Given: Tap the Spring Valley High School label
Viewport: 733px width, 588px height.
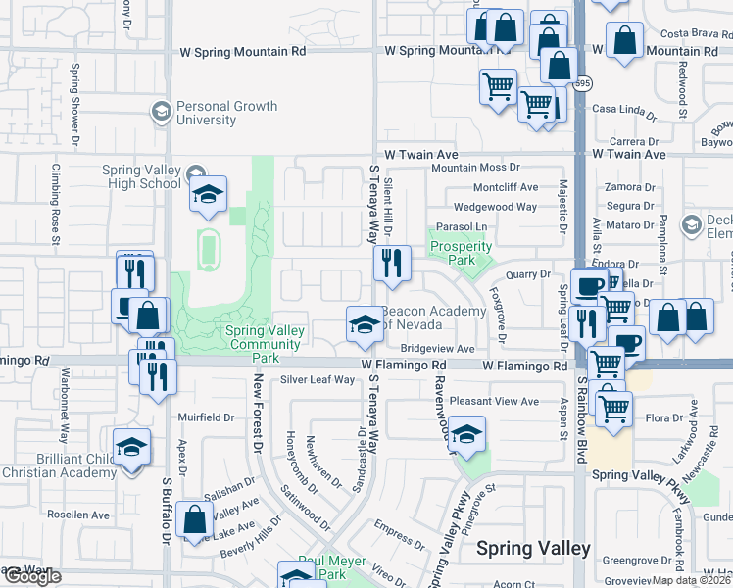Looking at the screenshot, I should (142, 176).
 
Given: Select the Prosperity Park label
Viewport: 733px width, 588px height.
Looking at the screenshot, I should (461, 253).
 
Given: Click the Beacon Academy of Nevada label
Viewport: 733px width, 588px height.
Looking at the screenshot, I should (434, 318).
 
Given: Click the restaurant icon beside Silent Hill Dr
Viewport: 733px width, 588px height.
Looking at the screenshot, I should (391, 263).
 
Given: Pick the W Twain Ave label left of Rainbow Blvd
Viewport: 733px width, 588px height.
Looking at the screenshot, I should (421, 155).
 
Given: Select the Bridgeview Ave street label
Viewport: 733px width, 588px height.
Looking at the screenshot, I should (437, 349).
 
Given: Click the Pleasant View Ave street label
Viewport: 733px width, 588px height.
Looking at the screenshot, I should (490, 401).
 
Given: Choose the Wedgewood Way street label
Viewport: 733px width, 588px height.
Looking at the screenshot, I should (495, 207).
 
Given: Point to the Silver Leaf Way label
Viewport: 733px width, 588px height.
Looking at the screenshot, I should (318, 379).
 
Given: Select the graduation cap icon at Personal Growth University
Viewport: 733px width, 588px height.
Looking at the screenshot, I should (159, 112).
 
